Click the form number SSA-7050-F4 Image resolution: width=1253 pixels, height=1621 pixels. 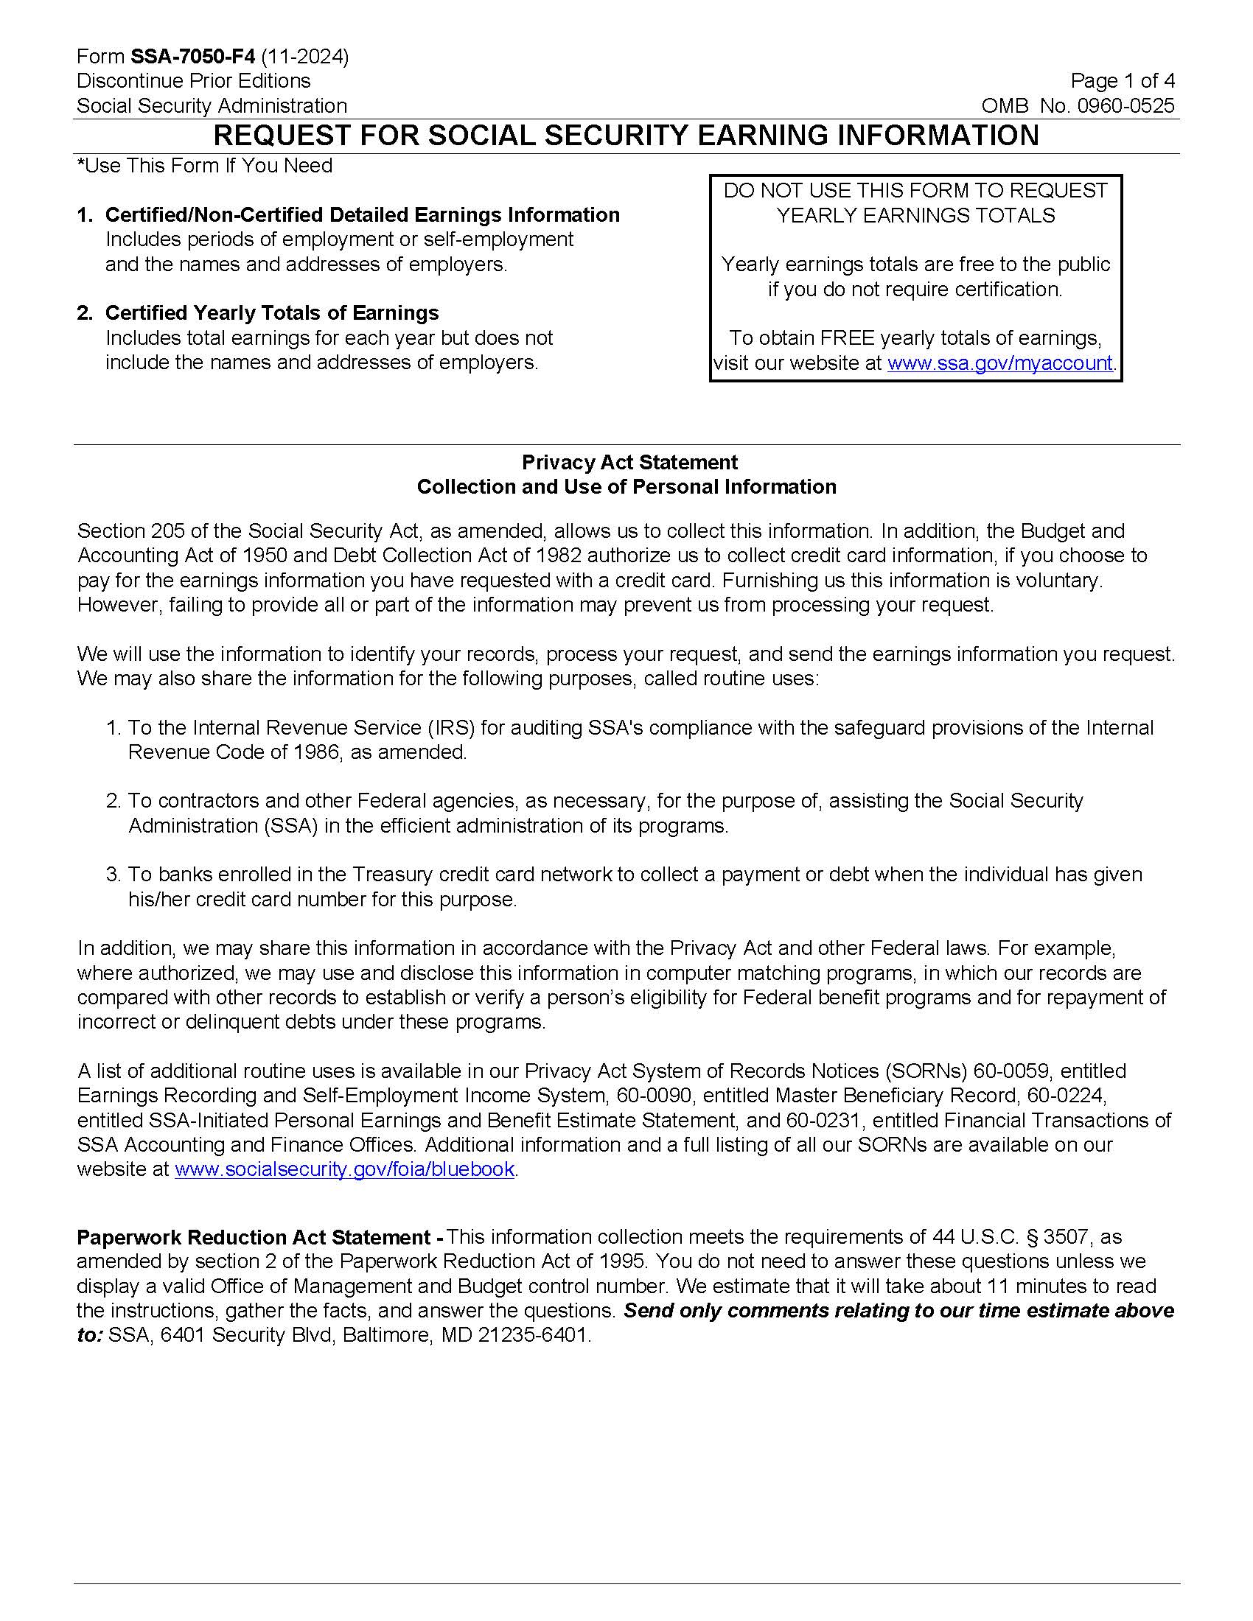192,57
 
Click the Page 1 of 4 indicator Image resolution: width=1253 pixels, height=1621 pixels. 1123,81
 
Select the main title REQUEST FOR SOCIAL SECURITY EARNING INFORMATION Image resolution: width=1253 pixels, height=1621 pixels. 626,136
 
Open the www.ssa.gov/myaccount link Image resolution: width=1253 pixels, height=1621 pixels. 1000,363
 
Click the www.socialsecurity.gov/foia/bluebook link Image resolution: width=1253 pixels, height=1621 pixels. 344,1169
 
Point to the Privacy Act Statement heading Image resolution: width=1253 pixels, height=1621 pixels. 629,463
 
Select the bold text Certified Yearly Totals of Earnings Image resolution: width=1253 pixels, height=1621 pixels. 272,313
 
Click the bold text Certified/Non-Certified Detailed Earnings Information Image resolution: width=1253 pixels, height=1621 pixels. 362,215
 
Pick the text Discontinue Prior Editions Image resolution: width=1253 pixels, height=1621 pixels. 193,81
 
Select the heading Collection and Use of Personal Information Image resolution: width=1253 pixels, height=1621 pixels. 626,487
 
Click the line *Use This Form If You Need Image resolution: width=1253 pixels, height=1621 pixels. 205,166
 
